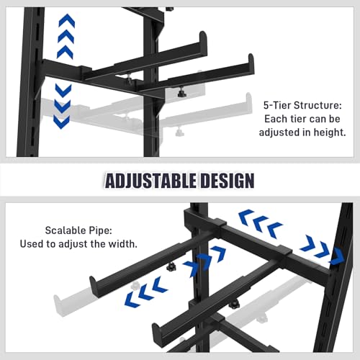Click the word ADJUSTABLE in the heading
pyautogui.click(x=149, y=181)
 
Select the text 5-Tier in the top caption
pyautogui.click(x=277, y=105)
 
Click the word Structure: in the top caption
pyautogui.click(x=318, y=105)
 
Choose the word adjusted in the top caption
pyautogui.click(x=279, y=132)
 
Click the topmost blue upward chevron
pyautogui.click(x=67, y=20)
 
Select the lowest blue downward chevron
pyautogui.click(x=61, y=122)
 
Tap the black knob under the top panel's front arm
pyautogui.click(x=182, y=92)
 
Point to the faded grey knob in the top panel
pyautogui.click(x=179, y=132)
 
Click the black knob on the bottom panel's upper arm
pyautogui.click(x=171, y=266)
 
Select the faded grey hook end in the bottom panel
pyautogui.click(x=58, y=303)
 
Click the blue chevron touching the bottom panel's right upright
pyautogui.click(x=337, y=256)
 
